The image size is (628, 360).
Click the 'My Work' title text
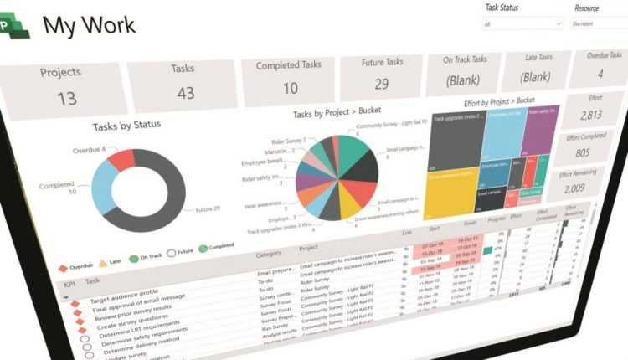89,25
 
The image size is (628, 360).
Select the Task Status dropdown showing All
523,25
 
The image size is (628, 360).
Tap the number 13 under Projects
66,99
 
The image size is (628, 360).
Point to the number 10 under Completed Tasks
290,89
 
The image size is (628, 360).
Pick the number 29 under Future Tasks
381,84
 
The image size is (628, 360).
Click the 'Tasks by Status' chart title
127,126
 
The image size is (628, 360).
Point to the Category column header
269,254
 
